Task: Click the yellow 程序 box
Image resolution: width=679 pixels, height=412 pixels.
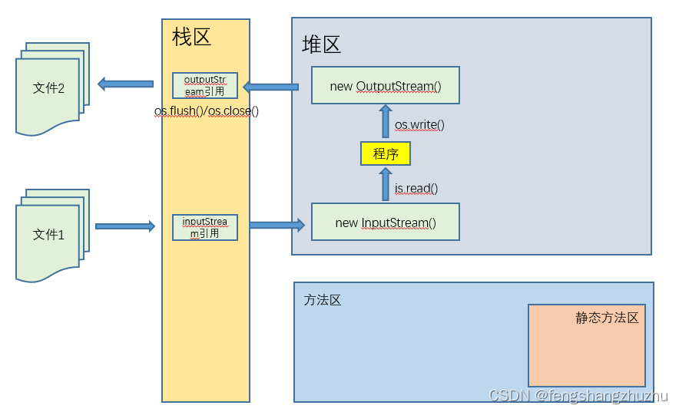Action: [x=386, y=153]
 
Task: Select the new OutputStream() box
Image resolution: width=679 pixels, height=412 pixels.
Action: [x=386, y=85]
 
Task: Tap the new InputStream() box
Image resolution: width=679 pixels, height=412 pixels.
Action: [x=386, y=222]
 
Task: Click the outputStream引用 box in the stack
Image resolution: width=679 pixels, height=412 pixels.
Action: [x=205, y=85]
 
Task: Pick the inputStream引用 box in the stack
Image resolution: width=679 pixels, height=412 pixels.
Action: [x=205, y=227]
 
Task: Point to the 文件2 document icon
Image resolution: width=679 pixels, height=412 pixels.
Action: [x=49, y=88]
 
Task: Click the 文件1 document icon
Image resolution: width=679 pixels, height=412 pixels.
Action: [x=49, y=235]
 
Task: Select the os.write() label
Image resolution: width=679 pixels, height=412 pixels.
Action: [x=419, y=124]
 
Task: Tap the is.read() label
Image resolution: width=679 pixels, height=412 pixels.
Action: [x=416, y=188]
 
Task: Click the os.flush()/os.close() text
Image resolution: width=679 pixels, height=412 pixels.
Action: [x=207, y=111]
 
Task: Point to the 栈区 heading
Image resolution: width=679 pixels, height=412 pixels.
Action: [x=191, y=37]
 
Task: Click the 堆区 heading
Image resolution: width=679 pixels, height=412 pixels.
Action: [x=321, y=44]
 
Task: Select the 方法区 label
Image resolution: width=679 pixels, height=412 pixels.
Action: [x=323, y=300]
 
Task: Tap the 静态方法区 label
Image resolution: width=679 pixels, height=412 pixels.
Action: [x=607, y=318]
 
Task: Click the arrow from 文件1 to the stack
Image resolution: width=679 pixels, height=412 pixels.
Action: [x=124, y=226]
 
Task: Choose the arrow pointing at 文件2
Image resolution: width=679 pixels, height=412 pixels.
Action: [x=125, y=83]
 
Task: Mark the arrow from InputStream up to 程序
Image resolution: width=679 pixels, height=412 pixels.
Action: [x=386, y=184]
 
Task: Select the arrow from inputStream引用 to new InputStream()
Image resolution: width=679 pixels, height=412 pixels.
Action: [x=277, y=225]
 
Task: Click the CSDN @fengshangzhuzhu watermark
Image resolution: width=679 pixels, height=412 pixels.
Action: [x=578, y=396]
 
